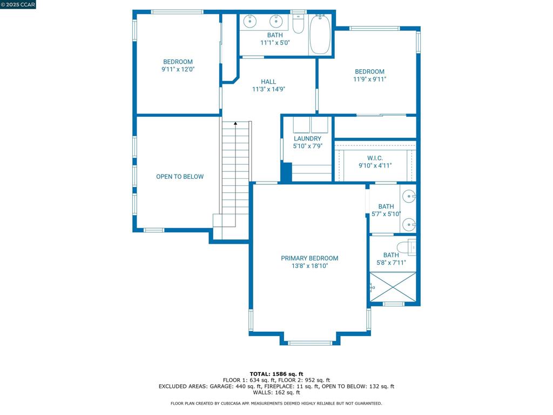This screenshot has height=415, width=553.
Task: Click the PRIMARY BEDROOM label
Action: pyautogui.click(x=309, y=258)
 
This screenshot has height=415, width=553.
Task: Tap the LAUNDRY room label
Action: pyautogui.click(x=307, y=139)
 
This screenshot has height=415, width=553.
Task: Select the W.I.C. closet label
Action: pyautogui.click(x=375, y=158)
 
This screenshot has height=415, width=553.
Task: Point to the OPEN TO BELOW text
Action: pyautogui.click(x=180, y=177)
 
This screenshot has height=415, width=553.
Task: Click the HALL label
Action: pyautogui.click(x=268, y=82)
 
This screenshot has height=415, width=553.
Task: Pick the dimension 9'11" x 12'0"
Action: pyautogui.click(x=178, y=69)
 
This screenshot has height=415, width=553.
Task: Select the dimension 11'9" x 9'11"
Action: pyautogui.click(x=369, y=79)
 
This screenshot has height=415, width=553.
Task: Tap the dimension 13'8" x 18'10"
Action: pyautogui.click(x=309, y=266)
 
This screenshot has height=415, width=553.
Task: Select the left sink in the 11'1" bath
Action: pyautogui.click(x=250, y=22)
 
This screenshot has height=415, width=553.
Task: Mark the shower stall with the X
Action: pyautogui.click(x=393, y=286)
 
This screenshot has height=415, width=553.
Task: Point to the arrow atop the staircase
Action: pyautogui.click(x=235, y=124)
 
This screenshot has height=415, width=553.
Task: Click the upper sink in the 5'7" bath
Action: pyautogui.click(x=410, y=196)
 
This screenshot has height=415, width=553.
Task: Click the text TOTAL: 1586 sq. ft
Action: pyautogui.click(x=276, y=374)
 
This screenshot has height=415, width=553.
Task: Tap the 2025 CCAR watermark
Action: pyautogui.click(x=18, y=4)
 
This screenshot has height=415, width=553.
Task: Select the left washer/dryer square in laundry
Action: pyautogui.click(x=301, y=125)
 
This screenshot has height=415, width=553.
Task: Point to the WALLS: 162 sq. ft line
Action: pyautogui.click(x=276, y=392)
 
